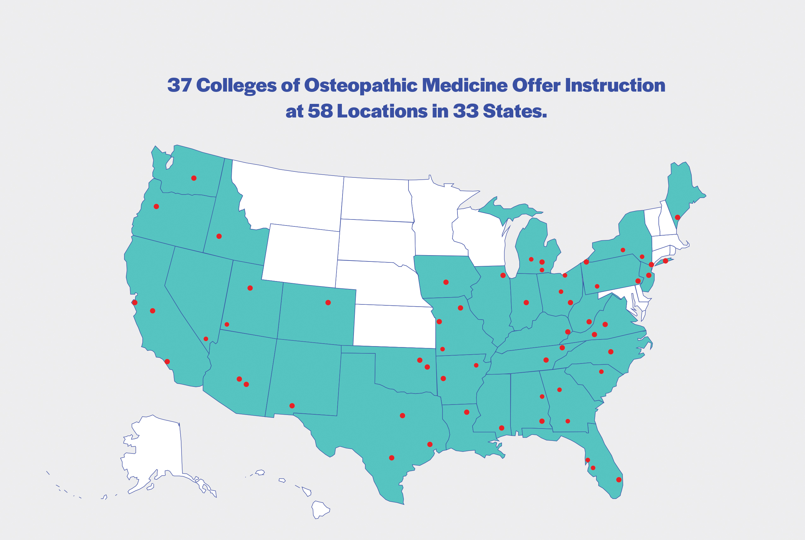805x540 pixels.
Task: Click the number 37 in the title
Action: click(x=179, y=85)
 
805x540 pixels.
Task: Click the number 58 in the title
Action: click(x=320, y=111)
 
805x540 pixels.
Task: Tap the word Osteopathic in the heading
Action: click(x=361, y=85)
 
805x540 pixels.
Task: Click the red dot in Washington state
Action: click(x=194, y=178)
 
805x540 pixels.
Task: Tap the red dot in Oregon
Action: click(x=156, y=207)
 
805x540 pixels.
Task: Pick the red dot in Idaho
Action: click(x=219, y=236)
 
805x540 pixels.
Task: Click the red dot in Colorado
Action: click(x=328, y=303)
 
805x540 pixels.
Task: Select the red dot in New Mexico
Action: click(x=292, y=406)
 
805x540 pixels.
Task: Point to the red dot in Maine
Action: click(x=677, y=217)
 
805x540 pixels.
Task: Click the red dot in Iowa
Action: click(x=446, y=282)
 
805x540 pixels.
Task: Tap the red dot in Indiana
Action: click(x=526, y=303)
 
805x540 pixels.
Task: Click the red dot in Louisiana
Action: click(x=467, y=412)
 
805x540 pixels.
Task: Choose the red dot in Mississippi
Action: click(x=502, y=428)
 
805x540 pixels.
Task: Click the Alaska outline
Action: click(x=158, y=448)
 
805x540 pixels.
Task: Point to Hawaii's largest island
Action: click(x=320, y=509)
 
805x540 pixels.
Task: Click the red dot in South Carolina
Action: click(x=601, y=372)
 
